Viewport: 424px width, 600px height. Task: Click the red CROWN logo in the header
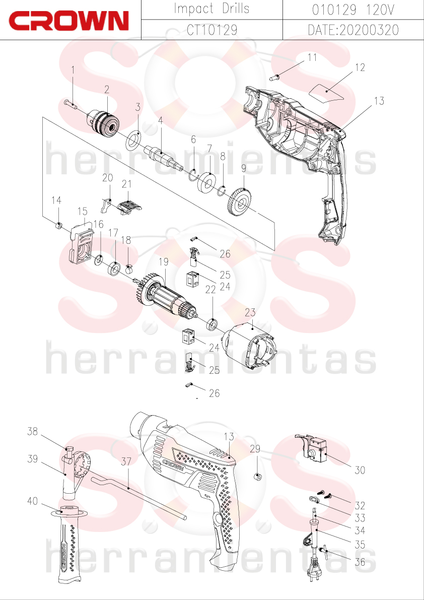click(x=69, y=21)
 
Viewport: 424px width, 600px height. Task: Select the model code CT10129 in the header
click(x=212, y=29)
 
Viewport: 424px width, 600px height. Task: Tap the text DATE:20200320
click(x=354, y=29)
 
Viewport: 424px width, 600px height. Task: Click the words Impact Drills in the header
click(x=212, y=9)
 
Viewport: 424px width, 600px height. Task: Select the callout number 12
click(x=360, y=68)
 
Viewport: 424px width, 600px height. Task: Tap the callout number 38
click(x=33, y=432)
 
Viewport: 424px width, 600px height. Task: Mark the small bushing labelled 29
click(x=258, y=478)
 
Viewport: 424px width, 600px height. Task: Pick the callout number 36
click(x=360, y=562)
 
